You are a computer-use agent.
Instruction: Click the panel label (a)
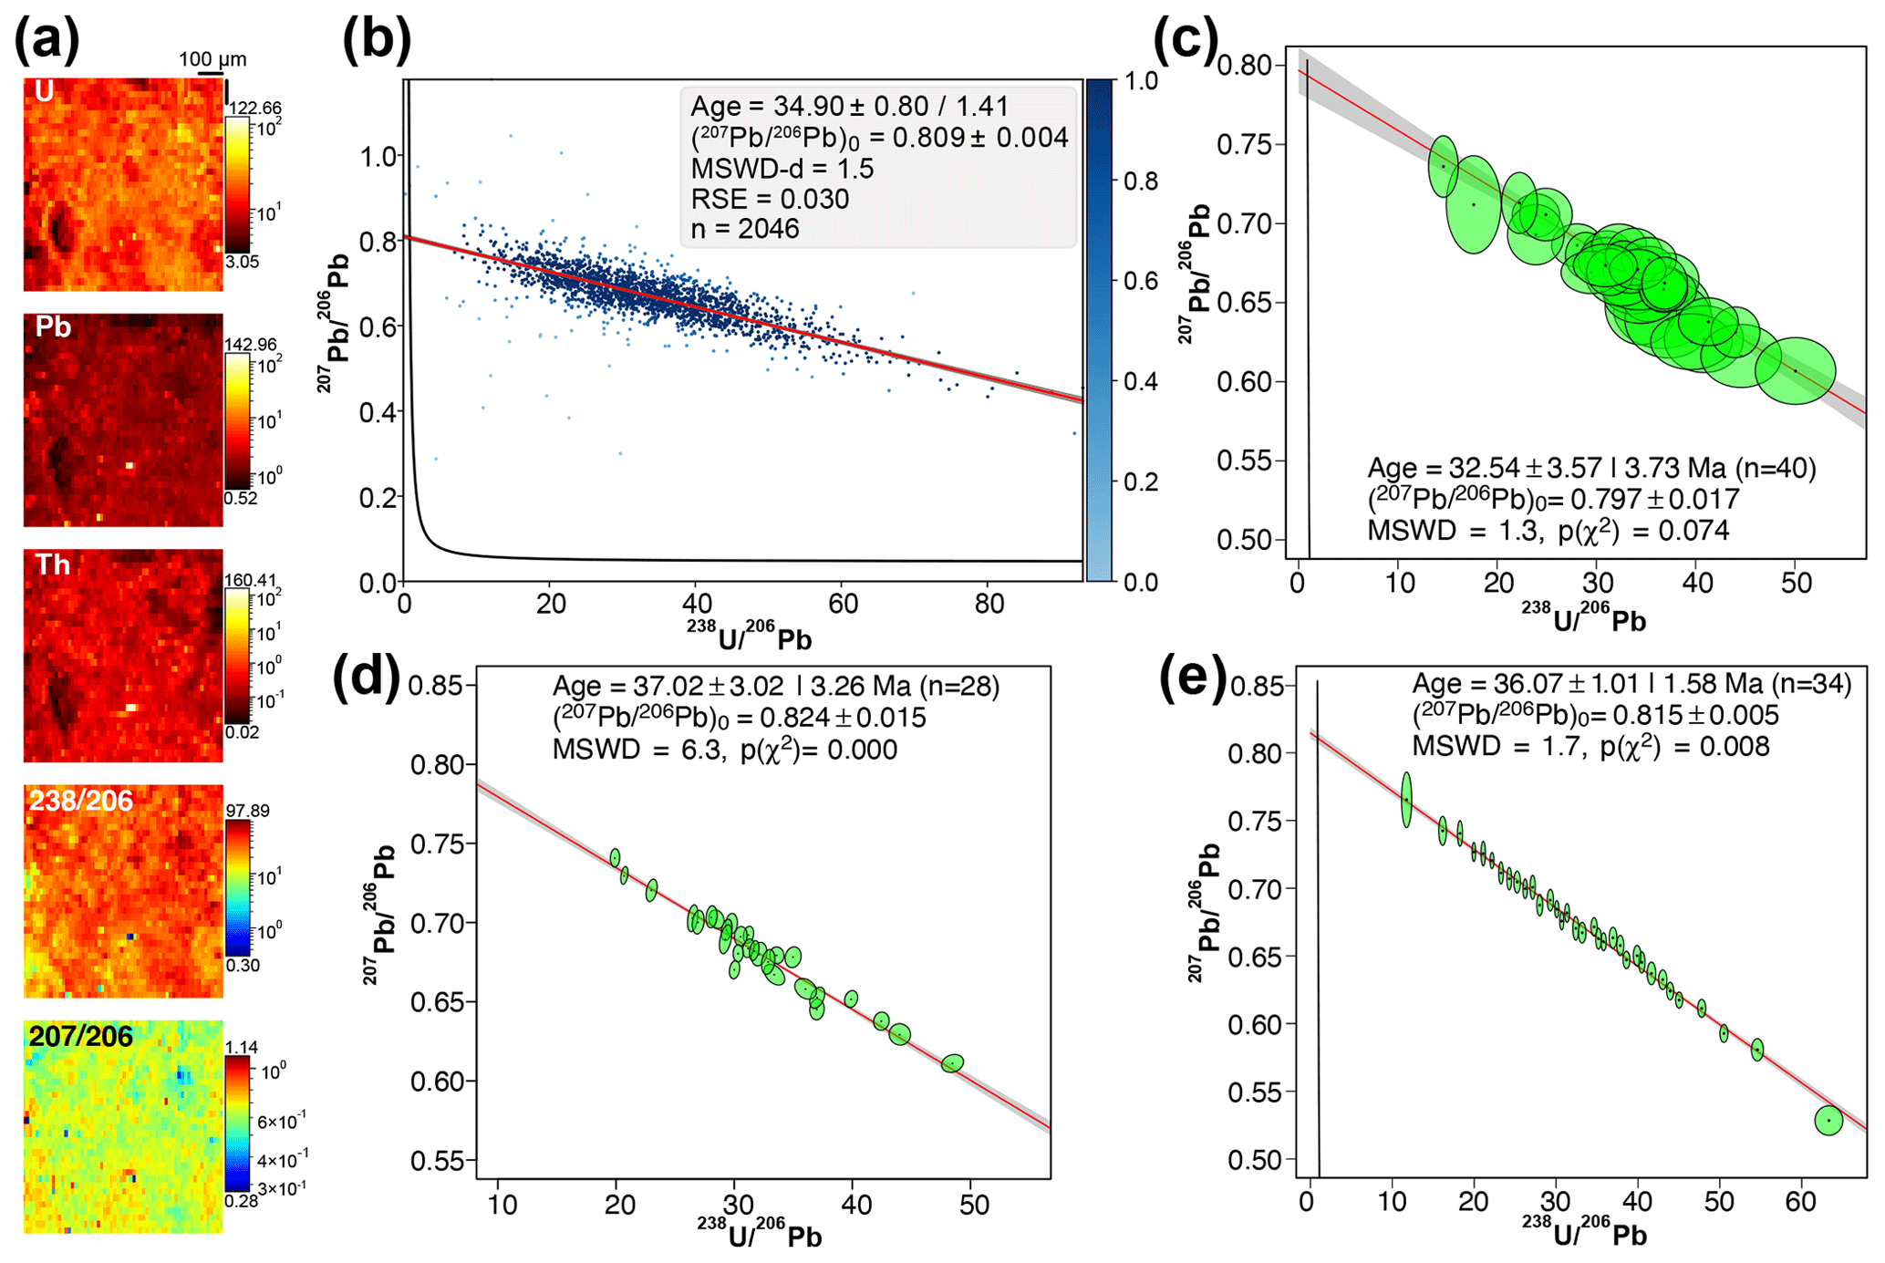coord(46,41)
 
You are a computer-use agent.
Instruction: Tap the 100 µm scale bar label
coord(212,59)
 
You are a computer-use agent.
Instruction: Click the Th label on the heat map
coord(52,564)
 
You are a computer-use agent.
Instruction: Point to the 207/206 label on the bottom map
coord(80,1037)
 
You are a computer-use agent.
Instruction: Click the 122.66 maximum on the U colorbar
coord(254,109)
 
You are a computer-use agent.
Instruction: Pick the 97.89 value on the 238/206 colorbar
coord(247,811)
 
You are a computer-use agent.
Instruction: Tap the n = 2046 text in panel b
coord(745,229)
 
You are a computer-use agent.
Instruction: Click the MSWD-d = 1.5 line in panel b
coord(782,169)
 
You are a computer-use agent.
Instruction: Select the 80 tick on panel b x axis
coord(989,604)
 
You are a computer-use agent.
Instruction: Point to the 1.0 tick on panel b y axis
coord(378,157)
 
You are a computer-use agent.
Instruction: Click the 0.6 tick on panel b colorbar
coord(1140,281)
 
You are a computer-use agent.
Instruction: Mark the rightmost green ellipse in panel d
coord(953,1063)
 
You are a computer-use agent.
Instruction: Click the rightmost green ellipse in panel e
coord(1828,1120)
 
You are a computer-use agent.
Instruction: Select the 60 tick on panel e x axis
coord(1801,1201)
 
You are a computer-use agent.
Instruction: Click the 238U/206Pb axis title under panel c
coord(1584,620)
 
